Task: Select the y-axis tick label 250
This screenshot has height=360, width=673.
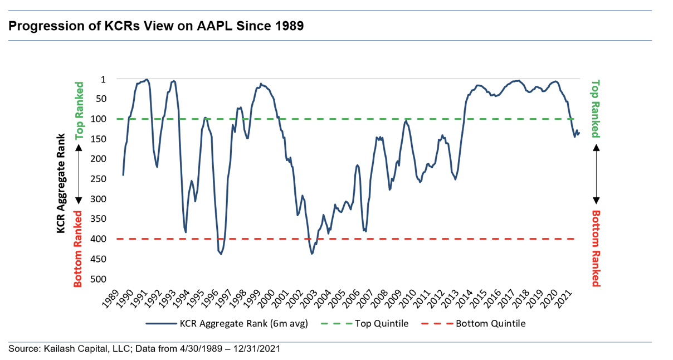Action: point(106,179)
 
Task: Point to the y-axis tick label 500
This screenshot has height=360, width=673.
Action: point(106,279)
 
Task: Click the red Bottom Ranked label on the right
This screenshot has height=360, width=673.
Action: point(596,248)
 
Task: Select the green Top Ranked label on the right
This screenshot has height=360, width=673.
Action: point(596,109)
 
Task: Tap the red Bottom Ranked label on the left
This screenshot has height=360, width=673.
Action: point(79,249)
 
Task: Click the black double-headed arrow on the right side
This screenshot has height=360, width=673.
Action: point(596,173)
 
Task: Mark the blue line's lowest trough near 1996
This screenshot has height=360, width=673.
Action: point(221,254)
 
